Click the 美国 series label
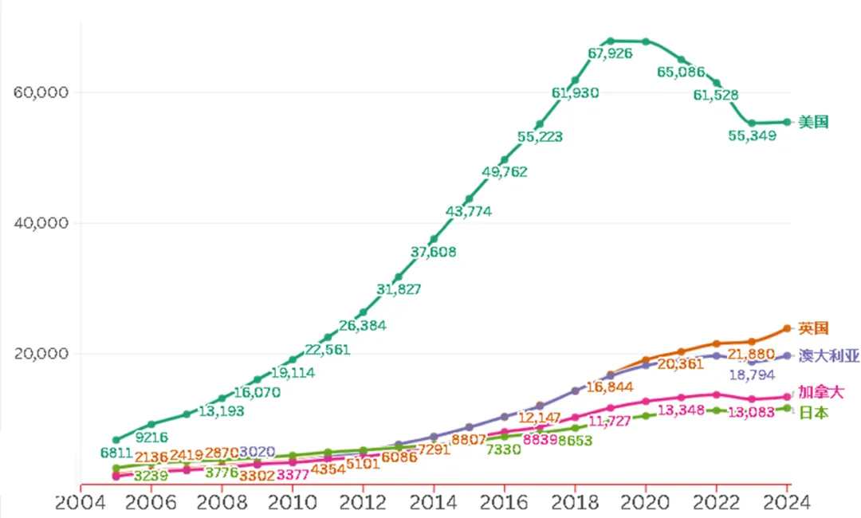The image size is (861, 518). (814, 122)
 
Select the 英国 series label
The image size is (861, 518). (814, 328)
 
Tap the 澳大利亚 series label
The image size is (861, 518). (828, 356)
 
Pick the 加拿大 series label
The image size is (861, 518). (821, 392)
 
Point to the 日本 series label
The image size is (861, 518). (814, 413)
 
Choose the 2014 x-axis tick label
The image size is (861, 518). (434, 503)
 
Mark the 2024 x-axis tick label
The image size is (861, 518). (786, 503)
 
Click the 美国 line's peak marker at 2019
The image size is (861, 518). (610, 41)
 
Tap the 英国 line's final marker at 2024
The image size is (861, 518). (786, 328)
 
